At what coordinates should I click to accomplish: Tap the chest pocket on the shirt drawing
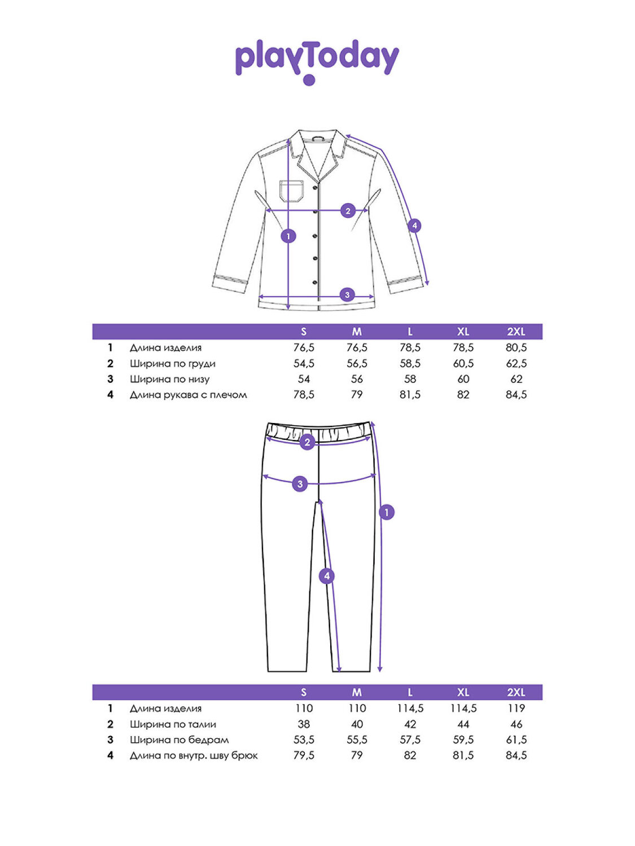(x=292, y=191)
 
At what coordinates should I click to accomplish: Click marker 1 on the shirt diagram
(x=288, y=236)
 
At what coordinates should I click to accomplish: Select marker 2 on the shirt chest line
(x=348, y=211)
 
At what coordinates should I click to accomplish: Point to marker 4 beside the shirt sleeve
(x=414, y=226)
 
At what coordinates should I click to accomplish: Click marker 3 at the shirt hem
(x=347, y=294)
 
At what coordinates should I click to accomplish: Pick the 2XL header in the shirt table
(x=516, y=332)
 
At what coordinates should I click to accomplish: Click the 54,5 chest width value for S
(x=304, y=364)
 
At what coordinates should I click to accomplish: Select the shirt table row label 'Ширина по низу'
(x=169, y=380)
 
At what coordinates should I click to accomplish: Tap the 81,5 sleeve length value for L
(x=410, y=395)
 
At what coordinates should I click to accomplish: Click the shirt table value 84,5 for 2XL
(x=516, y=395)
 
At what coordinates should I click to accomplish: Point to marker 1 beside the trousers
(x=387, y=512)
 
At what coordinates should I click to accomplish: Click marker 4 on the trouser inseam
(x=326, y=576)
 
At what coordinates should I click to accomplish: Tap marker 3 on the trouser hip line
(x=300, y=483)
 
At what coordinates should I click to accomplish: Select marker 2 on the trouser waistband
(x=307, y=442)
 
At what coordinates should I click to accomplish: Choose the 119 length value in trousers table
(x=516, y=708)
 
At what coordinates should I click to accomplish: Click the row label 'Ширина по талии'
(x=173, y=724)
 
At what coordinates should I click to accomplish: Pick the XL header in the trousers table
(x=463, y=693)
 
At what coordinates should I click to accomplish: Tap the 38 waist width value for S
(x=304, y=724)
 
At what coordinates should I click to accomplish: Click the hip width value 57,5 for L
(x=410, y=740)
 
